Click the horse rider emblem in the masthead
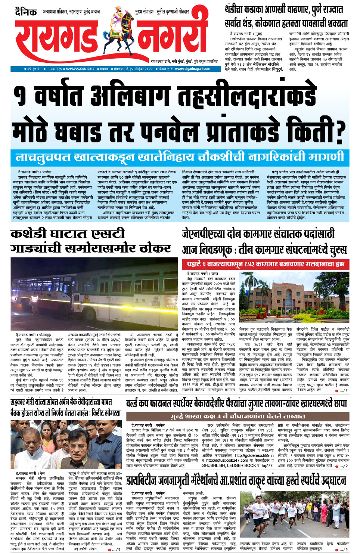[123, 32]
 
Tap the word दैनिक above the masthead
[26, 12]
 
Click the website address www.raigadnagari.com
[192, 69]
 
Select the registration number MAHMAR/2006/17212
[80, 69]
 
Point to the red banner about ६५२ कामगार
[265, 264]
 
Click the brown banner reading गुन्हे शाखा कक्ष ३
[238, 416]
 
